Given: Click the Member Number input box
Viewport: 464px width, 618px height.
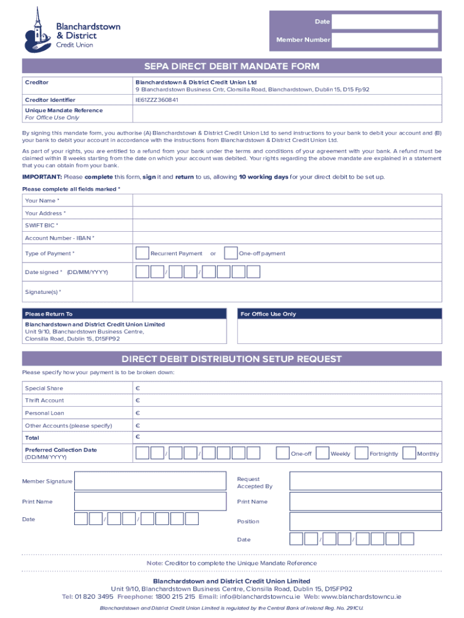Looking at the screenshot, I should point(384,40).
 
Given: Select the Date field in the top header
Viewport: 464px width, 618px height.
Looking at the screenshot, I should point(384,22).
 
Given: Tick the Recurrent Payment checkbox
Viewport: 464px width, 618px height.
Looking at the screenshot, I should point(142,253).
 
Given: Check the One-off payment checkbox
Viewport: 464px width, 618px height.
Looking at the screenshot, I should point(230,253).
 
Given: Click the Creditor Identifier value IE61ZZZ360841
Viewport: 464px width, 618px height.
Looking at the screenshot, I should point(157,100).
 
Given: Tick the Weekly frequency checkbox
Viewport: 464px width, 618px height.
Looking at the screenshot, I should point(322,453).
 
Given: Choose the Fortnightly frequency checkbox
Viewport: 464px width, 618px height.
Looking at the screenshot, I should point(362,453).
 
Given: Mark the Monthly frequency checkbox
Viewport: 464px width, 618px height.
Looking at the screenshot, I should point(409,453).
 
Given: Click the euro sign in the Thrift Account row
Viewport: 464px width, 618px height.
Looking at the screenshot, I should point(137,401).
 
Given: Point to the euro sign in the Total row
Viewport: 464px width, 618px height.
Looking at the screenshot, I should point(137,437).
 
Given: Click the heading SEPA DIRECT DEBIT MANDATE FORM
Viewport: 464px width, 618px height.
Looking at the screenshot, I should point(231,66).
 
